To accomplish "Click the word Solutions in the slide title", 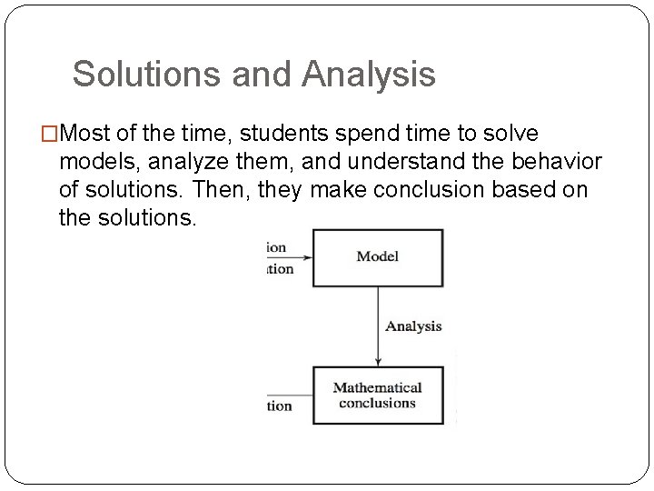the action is coord(147,75).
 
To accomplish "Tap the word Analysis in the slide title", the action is coord(370,75).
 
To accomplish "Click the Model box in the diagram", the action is coord(378,257).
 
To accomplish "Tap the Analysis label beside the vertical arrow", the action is coord(412,326).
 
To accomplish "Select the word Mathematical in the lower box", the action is coord(377,388).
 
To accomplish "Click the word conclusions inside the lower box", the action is coord(377,403).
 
